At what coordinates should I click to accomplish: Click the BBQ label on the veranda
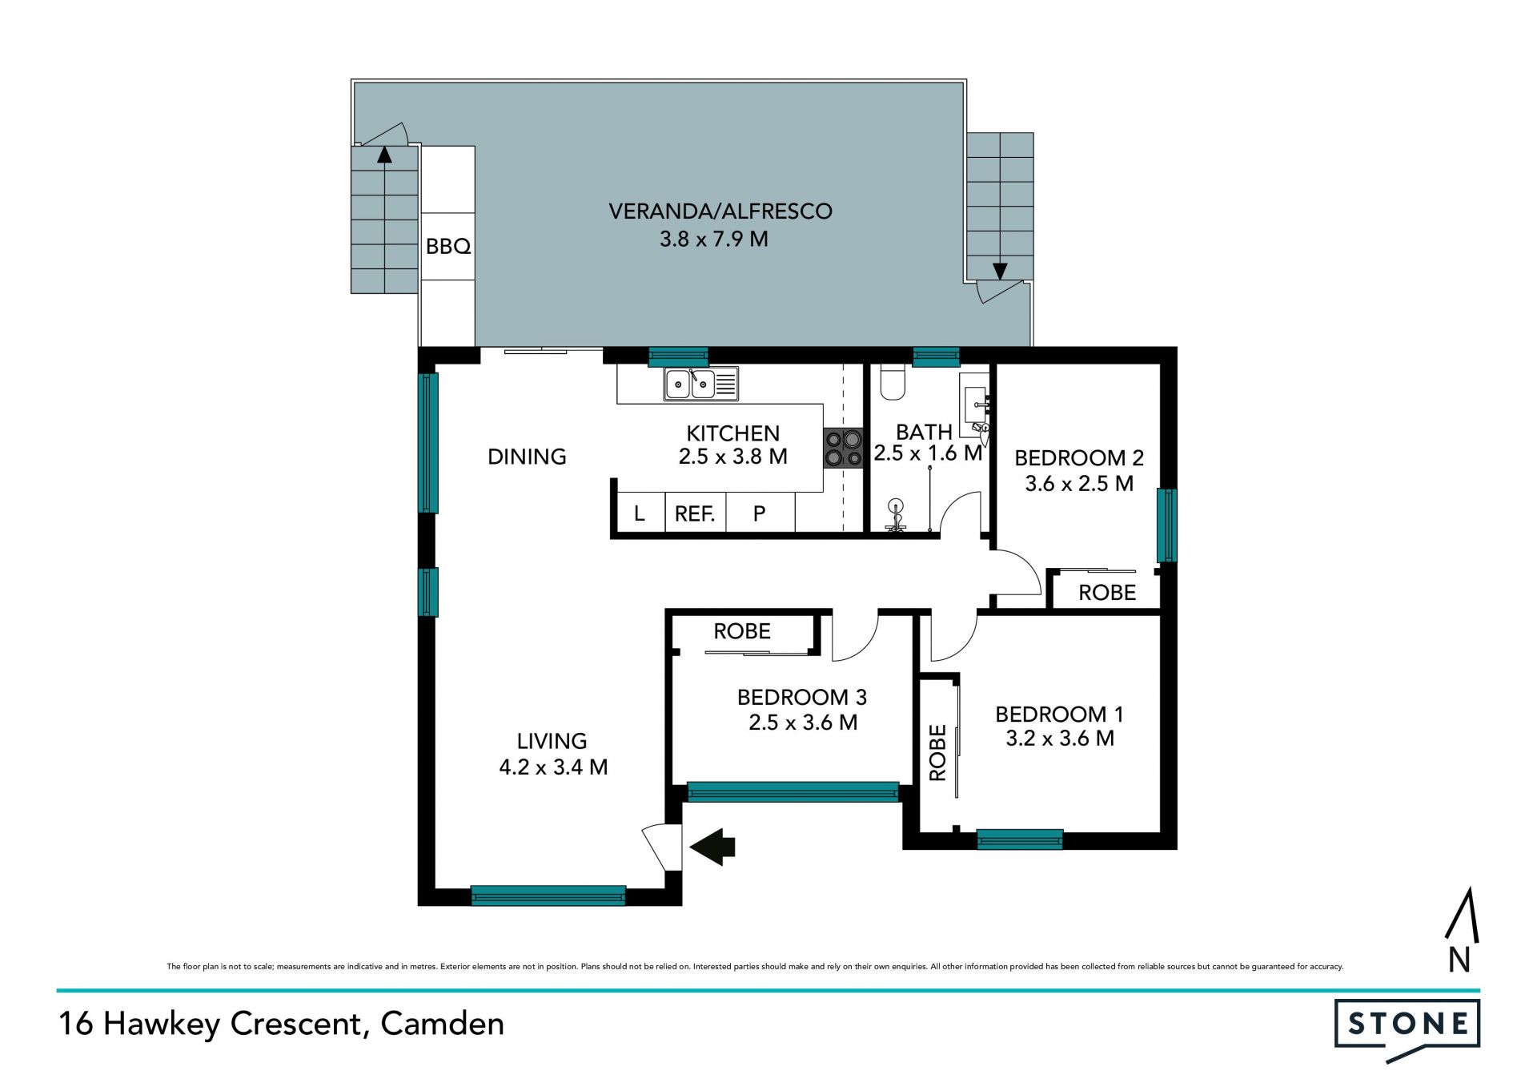[448, 247]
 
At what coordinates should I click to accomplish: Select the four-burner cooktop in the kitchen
[844, 449]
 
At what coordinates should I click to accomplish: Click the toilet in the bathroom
[892, 382]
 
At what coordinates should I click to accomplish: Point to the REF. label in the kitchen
[695, 513]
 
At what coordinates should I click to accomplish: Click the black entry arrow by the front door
[712, 847]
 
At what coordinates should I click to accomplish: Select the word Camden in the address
[443, 1024]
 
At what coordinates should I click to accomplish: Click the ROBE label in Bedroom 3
[742, 631]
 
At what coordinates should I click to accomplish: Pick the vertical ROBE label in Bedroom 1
[937, 752]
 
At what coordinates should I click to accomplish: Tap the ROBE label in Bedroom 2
[1107, 593]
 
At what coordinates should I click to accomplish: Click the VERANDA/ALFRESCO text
[720, 211]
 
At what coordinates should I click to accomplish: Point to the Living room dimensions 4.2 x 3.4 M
[553, 767]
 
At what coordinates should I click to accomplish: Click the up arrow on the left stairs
[385, 155]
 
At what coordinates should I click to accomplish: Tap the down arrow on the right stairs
[1000, 272]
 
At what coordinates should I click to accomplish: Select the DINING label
[527, 457]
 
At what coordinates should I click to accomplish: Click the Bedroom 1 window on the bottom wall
[1020, 839]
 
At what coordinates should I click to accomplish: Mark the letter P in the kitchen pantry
[760, 513]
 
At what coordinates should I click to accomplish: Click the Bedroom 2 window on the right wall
[1167, 525]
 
